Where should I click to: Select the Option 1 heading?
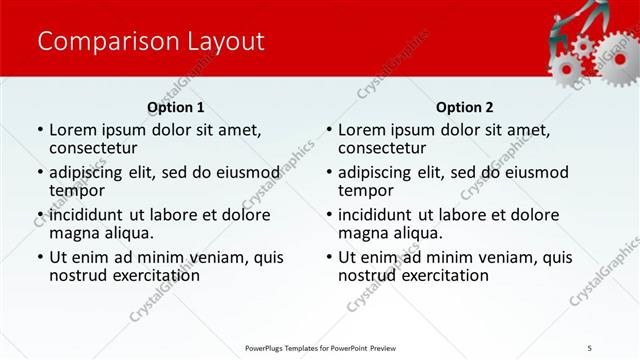(175, 107)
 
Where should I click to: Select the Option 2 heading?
(464, 107)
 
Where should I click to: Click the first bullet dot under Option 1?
(39, 130)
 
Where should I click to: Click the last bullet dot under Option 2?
(328, 257)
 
